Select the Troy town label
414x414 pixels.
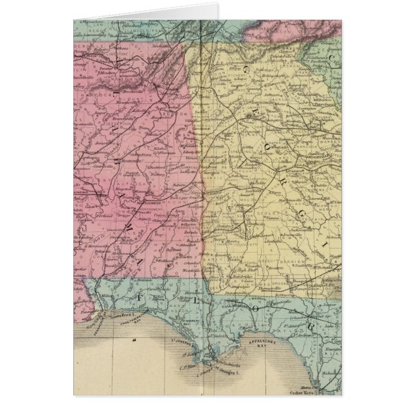point(147,237)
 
